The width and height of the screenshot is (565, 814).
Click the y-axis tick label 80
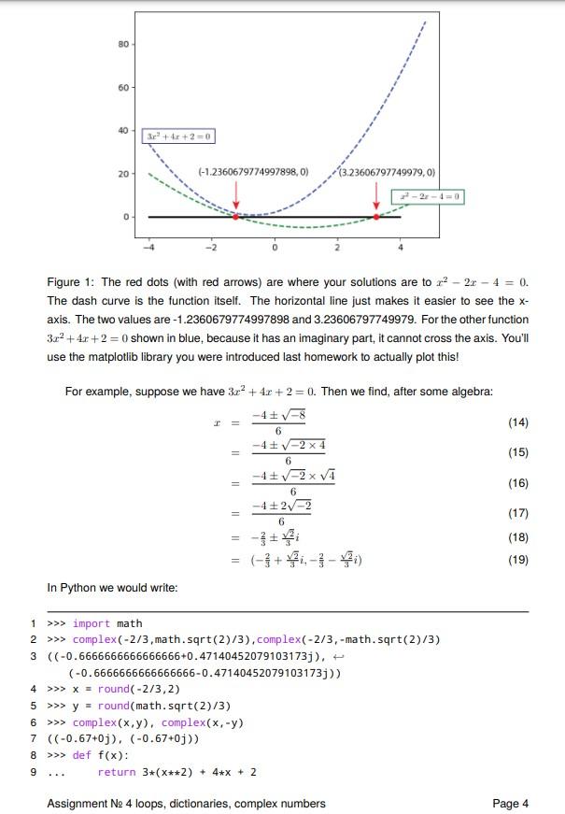pyautogui.click(x=123, y=44)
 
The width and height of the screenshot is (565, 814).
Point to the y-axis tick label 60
pyautogui.click(x=123, y=88)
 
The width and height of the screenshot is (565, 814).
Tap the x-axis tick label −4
pyautogui.click(x=148, y=248)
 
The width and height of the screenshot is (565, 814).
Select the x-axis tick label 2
pyautogui.click(x=337, y=248)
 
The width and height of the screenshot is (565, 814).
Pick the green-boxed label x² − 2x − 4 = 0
pyautogui.click(x=428, y=197)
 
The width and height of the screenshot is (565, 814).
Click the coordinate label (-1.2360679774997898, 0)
pyautogui.click(x=252, y=172)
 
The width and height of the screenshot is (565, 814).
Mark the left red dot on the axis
pyautogui.click(x=235, y=217)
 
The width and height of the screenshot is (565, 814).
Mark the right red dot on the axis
pyautogui.click(x=376, y=217)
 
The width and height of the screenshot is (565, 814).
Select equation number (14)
pyautogui.click(x=517, y=423)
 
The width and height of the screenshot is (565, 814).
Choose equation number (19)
pyautogui.click(x=517, y=560)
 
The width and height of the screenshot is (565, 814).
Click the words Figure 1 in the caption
pyautogui.click(x=71, y=282)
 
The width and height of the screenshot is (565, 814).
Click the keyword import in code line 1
pyautogui.click(x=92, y=623)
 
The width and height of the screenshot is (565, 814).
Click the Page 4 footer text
pyautogui.click(x=510, y=803)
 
